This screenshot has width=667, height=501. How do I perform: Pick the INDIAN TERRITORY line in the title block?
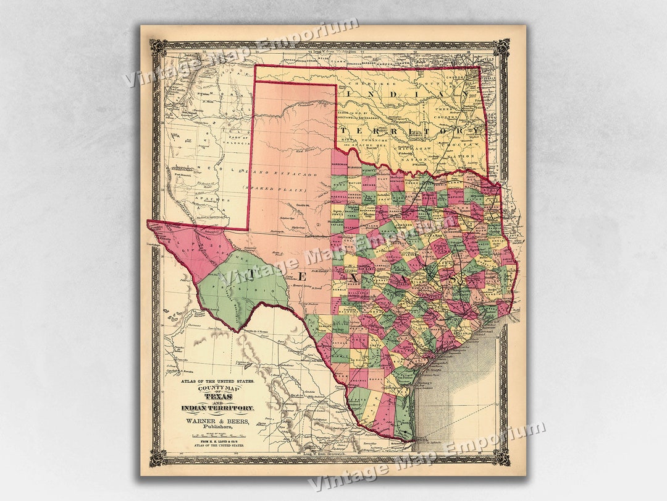tap(217, 408)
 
